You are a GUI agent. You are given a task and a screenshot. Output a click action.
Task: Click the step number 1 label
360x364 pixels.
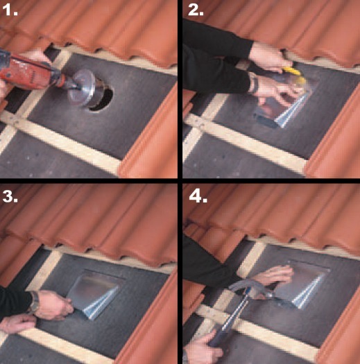pos(9,10)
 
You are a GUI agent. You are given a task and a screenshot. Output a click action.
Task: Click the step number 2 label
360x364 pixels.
pos(196,10)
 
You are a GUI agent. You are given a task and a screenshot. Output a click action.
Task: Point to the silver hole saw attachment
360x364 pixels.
pos(83,88)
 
